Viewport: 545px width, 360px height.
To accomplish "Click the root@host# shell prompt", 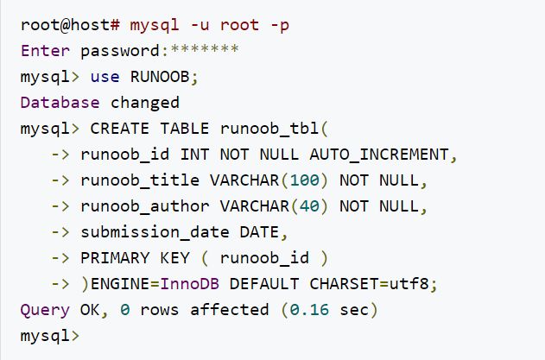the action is [x=61, y=25].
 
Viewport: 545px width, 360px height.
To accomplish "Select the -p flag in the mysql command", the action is [x=279, y=25].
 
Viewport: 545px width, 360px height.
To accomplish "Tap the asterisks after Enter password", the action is [x=208, y=50].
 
